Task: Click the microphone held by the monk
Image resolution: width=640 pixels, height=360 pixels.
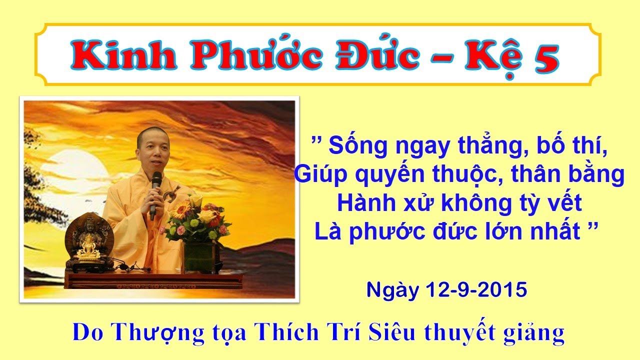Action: (x=156, y=192)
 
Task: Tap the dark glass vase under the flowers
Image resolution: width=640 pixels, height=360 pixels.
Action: (x=199, y=257)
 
